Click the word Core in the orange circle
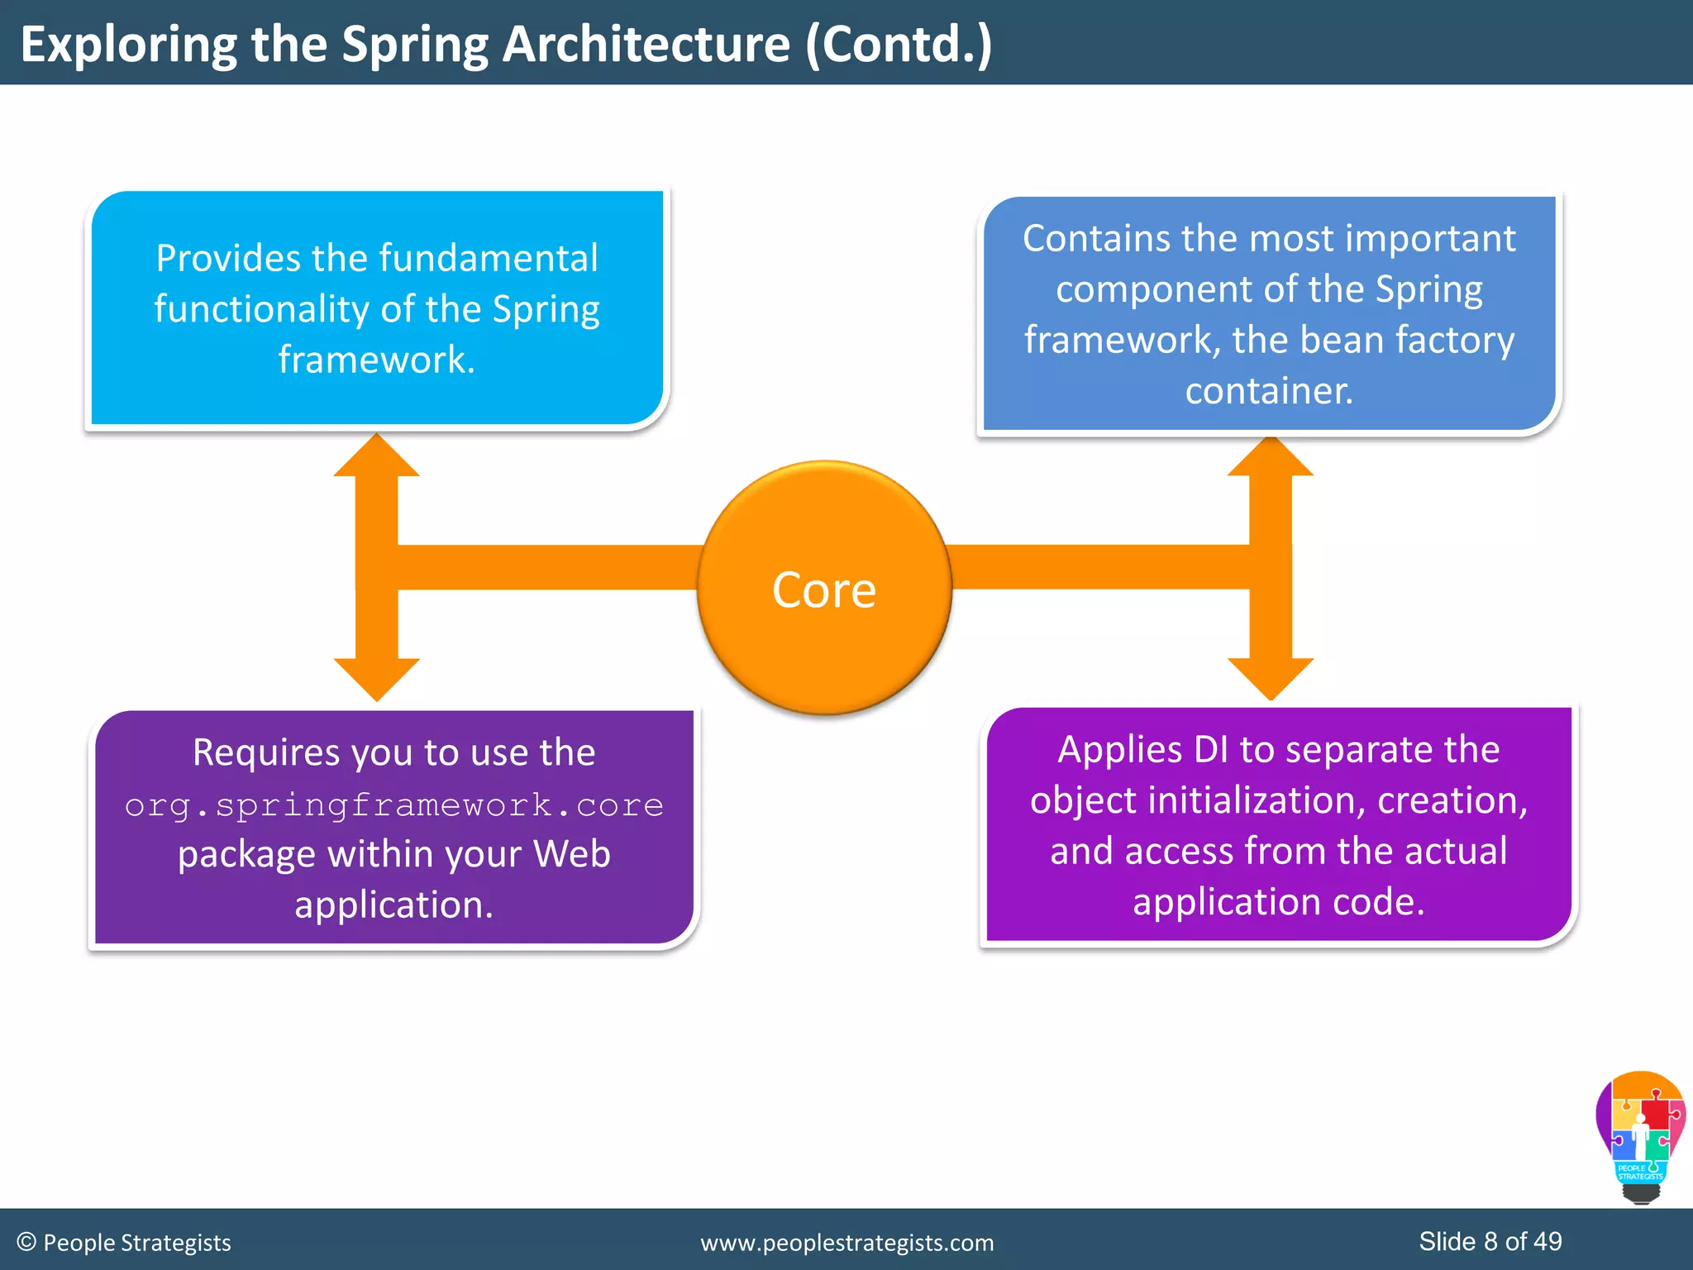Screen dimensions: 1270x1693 (823, 590)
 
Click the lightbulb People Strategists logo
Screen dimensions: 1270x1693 (1640, 1138)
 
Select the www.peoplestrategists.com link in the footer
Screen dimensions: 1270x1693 (846, 1243)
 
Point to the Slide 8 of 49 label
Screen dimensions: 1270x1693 (1490, 1241)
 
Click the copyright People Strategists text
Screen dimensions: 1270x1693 (124, 1243)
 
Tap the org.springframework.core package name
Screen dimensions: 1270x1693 (393, 804)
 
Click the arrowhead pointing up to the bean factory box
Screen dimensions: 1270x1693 (1271, 457)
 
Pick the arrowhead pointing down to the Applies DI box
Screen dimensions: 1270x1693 (1271, 677)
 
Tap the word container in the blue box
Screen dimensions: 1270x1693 (1268, 390)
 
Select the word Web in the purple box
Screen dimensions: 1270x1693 (571, 853)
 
